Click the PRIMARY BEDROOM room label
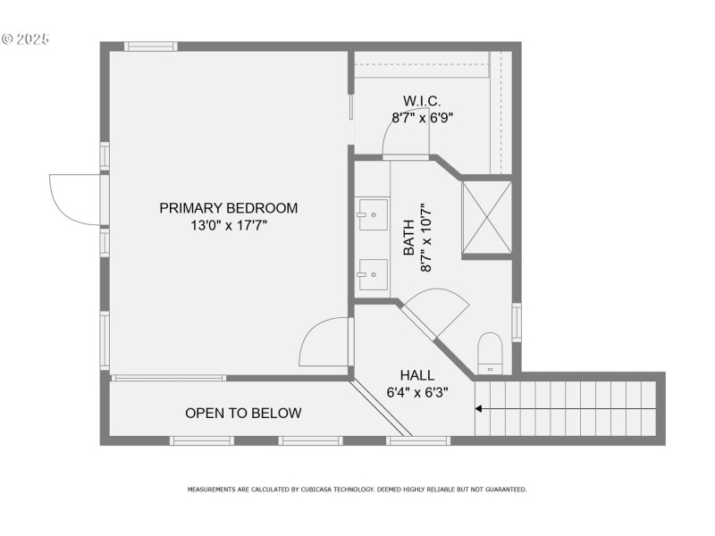pos(228,208)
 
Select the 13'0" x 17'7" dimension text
pos(228,226)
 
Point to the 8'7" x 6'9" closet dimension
pos(422,117)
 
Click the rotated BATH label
pos(408,239)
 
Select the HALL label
pos(417,376)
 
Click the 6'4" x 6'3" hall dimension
pos(417,392)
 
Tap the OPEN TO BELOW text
pos(243,414)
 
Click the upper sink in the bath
pos(373,214)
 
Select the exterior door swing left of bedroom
pos(75,198)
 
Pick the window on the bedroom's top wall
pos(150,46)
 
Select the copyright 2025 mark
pos(25,38)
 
